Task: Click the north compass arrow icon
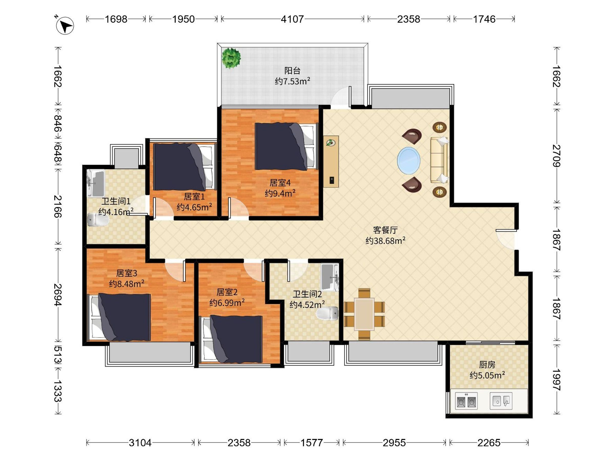65,26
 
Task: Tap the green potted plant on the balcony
231,58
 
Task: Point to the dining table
364,314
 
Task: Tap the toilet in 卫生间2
327,313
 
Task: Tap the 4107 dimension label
292,19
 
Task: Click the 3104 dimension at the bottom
140,443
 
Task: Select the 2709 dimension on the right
556,156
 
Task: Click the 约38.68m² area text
385,241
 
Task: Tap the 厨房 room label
487,364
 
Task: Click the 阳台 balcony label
292,71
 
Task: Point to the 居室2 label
227,292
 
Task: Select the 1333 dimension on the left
58,391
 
